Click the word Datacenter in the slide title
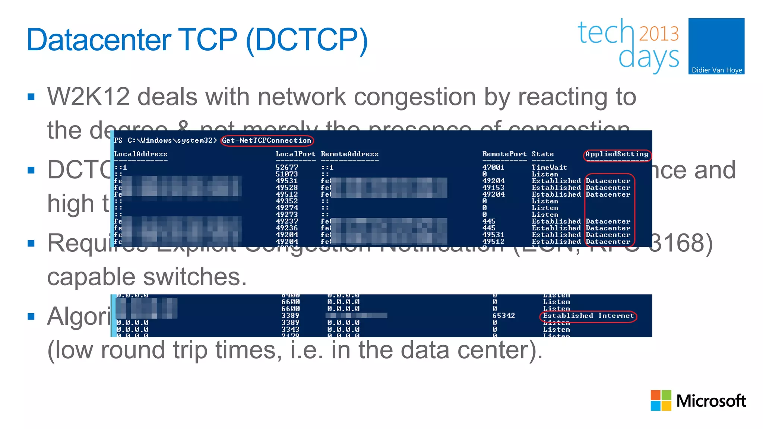(x=99, y=40)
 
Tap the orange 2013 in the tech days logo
(x=659, y=34)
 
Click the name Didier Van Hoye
(x=716, y=70)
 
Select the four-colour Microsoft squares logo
(x=661, y=400)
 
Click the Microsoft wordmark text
(x=711, y=401)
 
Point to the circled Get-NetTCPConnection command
(x=267, y=140)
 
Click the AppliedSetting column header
(x=617, y=154)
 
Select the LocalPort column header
(x=295, y=154)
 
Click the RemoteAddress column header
(x=349, y=154)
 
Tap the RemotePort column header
(x=504, y=154)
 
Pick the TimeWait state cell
(x=549, y=167)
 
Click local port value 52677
(x=287, y=167)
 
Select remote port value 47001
(x=493, y=167)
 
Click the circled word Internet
(x=616, y=316)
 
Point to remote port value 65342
(x=503, y=315)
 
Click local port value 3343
(x=290, y=329)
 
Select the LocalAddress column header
(x=140, y=154)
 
